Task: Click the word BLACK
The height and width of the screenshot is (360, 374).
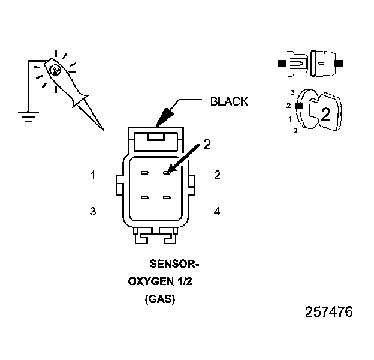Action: pos(228,101)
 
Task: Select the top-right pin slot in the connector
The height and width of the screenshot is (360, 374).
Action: pos(167,173)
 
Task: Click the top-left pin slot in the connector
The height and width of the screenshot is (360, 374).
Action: pos(145,173)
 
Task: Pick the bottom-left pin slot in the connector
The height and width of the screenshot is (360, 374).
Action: pos(145,197)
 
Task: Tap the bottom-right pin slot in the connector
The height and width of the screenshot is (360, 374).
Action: pos(167,197)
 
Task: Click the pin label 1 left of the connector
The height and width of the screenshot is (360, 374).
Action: pos(93,175)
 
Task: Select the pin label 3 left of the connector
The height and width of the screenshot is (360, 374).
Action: pos(93,211)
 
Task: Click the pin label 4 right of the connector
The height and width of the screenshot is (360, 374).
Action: pos(217,211)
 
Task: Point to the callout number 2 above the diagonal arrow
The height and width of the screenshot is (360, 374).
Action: pos(207,144)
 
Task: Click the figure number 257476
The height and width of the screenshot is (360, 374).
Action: pos(328,313)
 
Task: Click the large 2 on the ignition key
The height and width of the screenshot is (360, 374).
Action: pos(325,115)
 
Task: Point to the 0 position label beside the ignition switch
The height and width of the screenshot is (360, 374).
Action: pos(294,130)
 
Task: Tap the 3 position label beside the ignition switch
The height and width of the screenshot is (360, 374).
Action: pos(292,92)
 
